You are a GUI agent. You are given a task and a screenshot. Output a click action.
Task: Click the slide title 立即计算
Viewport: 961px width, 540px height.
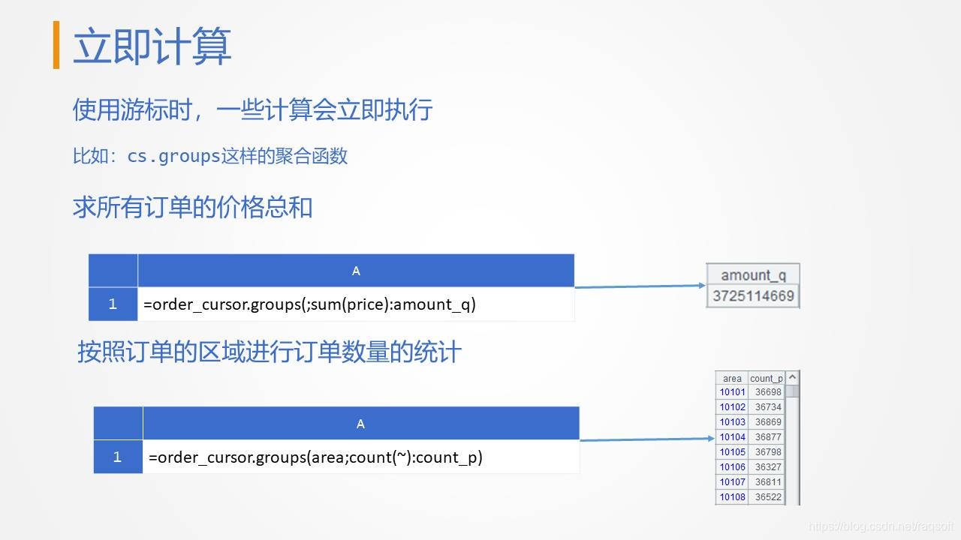click(152, 46)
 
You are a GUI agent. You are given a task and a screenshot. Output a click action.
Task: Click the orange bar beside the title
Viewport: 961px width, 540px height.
click(56, 45)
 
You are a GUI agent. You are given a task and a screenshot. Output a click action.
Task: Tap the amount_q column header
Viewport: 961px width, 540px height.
click(753, 275)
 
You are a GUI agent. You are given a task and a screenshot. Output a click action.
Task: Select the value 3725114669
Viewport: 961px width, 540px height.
click(753, 295)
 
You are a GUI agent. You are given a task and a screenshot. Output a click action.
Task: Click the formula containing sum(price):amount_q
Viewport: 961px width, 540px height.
click(309, 304)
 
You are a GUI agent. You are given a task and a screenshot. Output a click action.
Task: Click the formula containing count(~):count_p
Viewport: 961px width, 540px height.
click(315, 457)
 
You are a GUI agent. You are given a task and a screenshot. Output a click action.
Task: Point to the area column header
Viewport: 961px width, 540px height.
click(732, 379)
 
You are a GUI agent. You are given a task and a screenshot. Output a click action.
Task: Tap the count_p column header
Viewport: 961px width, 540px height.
click(767, 379)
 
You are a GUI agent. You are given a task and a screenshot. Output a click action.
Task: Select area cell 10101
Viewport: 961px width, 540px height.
click(732, 392)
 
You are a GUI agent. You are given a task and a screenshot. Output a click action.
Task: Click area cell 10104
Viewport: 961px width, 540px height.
click(732, 437)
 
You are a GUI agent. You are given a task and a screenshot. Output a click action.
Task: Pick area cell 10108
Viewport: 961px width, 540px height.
click(732, 497)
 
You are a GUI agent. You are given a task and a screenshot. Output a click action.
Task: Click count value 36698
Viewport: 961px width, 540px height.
click(768, 392)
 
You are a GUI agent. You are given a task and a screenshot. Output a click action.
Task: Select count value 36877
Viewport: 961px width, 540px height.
click(768, 437)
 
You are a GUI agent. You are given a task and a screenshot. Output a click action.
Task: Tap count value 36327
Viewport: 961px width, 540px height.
click(768, 467)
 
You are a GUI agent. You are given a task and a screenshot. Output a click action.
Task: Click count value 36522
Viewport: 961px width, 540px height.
click(768, 497)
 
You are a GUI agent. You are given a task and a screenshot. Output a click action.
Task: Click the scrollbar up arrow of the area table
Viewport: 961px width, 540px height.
click(792, 376)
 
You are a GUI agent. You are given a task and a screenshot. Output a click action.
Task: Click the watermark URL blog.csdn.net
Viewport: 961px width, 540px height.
click(881, 526)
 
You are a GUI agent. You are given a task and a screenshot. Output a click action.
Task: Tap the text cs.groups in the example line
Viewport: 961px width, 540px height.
click(173, 156)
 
